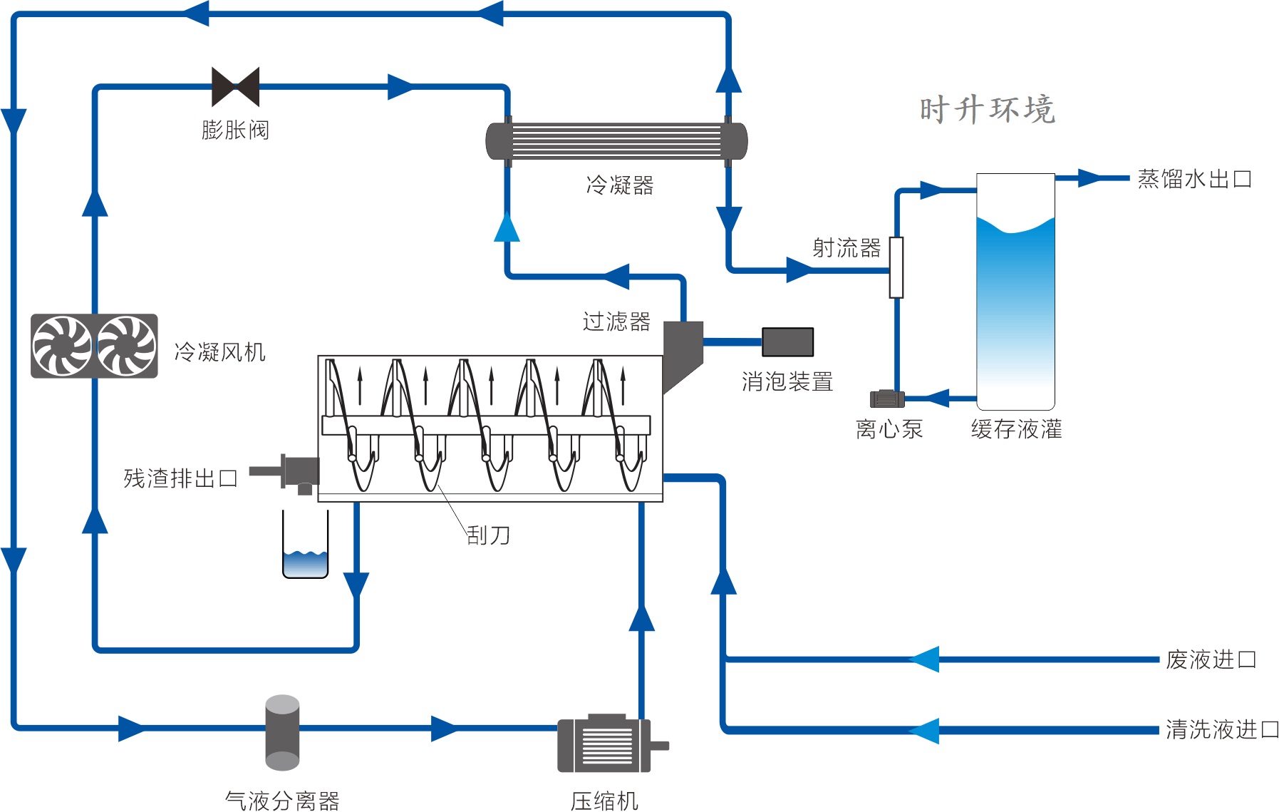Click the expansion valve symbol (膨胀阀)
pyautogui.click(x=235, y=87)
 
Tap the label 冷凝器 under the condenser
pyautogui.click(x=619, y=185)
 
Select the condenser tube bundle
pyautogui.click(x=616, y=141)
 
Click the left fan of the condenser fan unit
pyautogui.click(x=63, y=346)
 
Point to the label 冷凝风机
pyautogui.click(x=219, y=352)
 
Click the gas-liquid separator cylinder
pyautogui.click(x=282, y=732)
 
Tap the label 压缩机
pyautogui.click(x=604, y=801)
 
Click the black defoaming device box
pyautogui.click(x=787, y=342)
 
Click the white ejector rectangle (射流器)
pyautogui.click(x=896, y=267)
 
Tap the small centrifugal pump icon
pyautogui.click(x=886, y=399)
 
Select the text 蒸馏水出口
pyautogui.click(x=1194, y=179)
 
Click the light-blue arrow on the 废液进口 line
pyautogui.click(x=925, y=659)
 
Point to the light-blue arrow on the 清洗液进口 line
pyautogui.click(x=924, y=731)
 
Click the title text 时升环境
pyautogui.click(x=987, y=110)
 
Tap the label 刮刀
pyautogui.click(x=488, y=535)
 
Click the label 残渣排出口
pyautogui.click(x=180, y=478)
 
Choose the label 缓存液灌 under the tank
pyautogui.click(x=1016, y=429)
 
